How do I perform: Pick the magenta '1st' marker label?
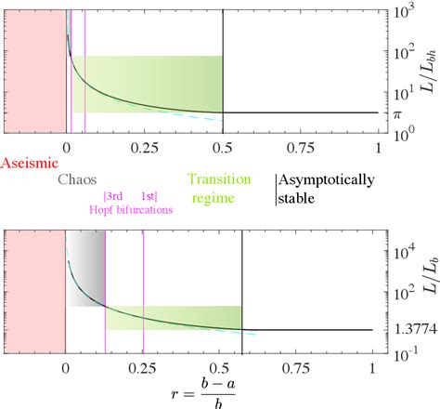[x=149, y=196]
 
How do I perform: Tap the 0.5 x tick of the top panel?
[x=223, y=147]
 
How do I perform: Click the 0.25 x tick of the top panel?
[x=144, y=147]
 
